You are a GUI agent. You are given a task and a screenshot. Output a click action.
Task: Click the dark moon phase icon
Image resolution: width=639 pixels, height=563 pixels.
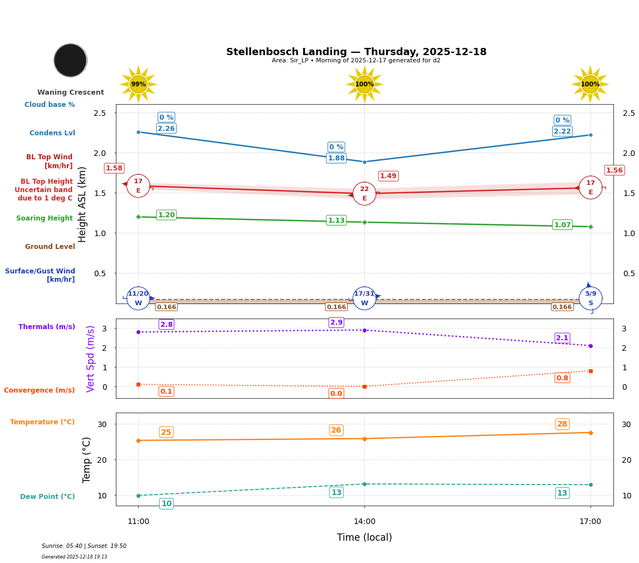coord(70,60)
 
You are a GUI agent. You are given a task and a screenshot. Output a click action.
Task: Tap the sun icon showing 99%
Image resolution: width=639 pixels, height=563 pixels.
coord(138,84)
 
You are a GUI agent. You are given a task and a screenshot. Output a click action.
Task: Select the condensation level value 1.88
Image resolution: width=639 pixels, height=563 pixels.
coord(336,158)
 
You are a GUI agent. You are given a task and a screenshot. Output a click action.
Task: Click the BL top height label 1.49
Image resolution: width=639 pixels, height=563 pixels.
coord(388,176)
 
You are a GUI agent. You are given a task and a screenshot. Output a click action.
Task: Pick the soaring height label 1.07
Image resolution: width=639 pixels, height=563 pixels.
coord(562,225)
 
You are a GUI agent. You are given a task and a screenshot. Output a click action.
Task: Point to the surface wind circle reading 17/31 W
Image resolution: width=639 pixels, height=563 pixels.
coord(364,298)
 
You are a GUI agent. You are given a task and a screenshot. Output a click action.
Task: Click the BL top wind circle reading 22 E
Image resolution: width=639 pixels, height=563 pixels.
coord(364,193)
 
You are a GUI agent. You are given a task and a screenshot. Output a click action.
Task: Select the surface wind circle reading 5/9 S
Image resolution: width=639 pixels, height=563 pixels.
coord(590,298)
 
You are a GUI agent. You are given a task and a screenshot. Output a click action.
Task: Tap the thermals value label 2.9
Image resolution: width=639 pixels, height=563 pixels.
coord(336,322)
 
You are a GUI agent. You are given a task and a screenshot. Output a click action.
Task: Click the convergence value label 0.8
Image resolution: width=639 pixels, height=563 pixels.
coord(562,378)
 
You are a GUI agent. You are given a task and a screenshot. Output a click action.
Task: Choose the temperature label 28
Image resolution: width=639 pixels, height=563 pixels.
coord(562,424)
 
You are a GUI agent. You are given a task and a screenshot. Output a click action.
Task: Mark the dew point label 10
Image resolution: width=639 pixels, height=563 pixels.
coord(166,504)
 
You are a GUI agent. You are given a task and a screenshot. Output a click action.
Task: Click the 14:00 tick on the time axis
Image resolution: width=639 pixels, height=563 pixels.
coord(364,522)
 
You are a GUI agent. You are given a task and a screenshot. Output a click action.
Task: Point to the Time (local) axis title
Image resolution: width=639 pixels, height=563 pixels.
coord(364,537)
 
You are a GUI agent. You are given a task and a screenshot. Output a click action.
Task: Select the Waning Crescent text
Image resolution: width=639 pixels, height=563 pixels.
coord(71,92)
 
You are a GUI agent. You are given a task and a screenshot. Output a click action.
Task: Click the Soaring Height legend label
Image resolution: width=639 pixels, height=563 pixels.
coord(45,218)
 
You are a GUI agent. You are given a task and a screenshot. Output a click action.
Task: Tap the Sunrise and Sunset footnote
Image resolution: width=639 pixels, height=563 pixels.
coord(84,546)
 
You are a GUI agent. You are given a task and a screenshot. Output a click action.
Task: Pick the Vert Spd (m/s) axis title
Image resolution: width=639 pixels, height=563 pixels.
coord(91,359)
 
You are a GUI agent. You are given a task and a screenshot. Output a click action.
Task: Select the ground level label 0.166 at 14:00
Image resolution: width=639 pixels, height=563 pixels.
coord(336,307)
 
